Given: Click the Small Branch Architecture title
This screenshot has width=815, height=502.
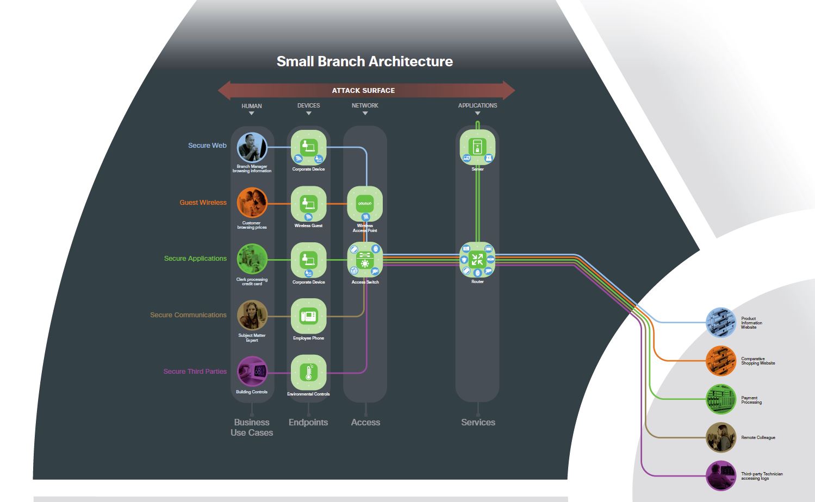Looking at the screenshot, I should tap(364, 61).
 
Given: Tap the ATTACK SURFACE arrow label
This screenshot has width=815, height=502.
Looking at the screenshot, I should tap(363, 90).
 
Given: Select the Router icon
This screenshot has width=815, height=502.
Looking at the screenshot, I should tap(477, 260).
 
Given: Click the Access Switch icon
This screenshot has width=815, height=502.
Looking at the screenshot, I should tap(365, 260).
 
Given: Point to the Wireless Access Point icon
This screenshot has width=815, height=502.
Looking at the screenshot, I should tap(365, 204).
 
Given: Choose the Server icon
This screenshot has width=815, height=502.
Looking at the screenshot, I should tap(477, 147).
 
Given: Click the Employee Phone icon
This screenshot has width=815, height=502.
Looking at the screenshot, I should tap(308, 316).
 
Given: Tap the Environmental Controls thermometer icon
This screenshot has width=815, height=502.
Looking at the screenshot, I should tap(308, 373).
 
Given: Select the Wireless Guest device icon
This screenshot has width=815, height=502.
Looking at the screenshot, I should tap(308, 204).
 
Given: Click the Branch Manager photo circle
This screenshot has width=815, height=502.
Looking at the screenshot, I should tap(252, 147).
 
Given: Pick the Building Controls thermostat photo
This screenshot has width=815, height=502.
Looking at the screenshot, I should tap(252, 372).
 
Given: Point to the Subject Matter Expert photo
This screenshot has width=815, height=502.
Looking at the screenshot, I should tap(252, 315).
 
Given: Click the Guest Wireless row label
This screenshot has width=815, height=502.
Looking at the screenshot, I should tap(203, 203).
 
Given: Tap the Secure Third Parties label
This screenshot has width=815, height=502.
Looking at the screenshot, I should tap(195, 372).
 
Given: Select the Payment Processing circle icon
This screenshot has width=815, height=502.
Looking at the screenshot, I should tap(720, 399).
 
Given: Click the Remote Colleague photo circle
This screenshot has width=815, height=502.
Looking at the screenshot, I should tap(720, 437).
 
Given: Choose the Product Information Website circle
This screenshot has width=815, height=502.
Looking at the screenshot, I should tap(720, 322).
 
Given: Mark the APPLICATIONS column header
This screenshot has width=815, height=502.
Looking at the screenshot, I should tap(477, 105).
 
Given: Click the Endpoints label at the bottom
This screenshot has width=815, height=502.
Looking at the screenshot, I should tap(308, 422).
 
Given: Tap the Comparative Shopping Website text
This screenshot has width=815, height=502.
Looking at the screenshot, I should tap(758, 361).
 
